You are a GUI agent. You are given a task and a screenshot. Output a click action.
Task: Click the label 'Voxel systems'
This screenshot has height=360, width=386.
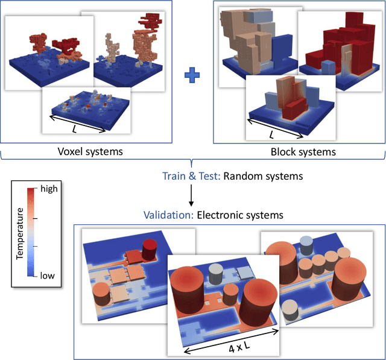(x=98, y=151)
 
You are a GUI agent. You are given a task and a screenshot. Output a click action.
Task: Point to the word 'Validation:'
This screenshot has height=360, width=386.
(x=168, y=213)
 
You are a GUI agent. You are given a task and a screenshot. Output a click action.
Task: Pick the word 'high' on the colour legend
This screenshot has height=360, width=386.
(x=49, y=189)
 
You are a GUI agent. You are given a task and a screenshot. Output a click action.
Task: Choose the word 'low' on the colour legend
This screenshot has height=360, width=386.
(x=48, y=276)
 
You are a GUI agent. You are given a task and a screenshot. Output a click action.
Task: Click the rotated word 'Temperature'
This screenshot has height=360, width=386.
(x=19, y=233)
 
